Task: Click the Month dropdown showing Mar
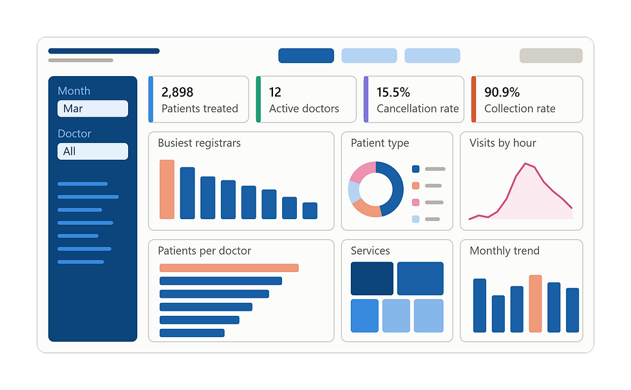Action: click(x=93, y=108)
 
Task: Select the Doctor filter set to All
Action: click(x=93, y=151)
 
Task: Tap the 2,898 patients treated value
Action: click(x=178, y=92)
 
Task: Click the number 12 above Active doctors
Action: click(x=275, y=92)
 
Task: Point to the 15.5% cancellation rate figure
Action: click(x=393, y=92)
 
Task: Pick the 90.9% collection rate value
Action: click(x=502, y=92)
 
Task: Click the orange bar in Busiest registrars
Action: click(x=167, y=190)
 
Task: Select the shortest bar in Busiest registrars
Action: click(x=310, y=211)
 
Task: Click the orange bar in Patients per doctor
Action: click(x=229, y=268)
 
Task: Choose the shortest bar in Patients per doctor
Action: click(x=192, y=333)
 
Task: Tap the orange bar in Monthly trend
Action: click(x=535, y=304)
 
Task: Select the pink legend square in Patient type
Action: click(x=416, y=202)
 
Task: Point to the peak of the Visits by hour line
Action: click(x=525, y=163)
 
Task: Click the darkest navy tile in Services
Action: click(x=372, y=278)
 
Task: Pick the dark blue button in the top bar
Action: click(x=306, y=55)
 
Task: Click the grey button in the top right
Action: click(x=551, y=55)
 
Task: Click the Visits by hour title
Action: click(x=503, y=143)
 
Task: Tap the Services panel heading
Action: click(x=370, y=251)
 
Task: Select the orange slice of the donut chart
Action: click(x=366, y=210)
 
